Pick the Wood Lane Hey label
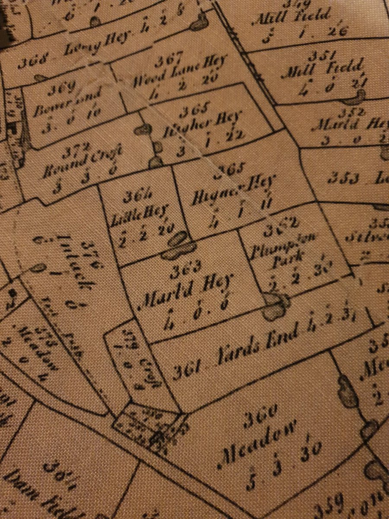click(179, 72)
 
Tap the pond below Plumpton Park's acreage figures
click(277, 304)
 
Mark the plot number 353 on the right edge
click(341, 176)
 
